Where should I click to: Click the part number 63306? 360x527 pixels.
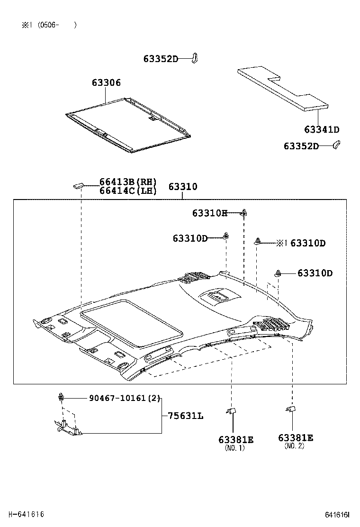(106, 83)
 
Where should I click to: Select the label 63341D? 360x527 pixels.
(322, 130)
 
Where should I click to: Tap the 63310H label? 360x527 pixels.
(210, 213)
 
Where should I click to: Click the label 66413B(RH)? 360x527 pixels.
(127, 182)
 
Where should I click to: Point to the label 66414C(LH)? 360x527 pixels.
(127, 191)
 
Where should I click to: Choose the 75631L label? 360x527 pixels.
(185, 416)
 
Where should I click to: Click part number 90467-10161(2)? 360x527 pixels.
(125, 398)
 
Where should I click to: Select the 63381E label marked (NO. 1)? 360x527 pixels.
(236, 440)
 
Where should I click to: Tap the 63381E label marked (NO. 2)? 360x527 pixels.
(296, 438)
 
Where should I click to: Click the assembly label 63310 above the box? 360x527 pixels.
(183, 187)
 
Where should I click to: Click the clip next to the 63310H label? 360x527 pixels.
(244, 212)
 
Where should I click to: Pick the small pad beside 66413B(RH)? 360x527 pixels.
(79, 185)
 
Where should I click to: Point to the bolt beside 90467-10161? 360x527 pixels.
(62, 397)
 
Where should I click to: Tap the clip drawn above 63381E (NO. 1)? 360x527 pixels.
(231, 411)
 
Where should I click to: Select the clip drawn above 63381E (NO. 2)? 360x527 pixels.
(291, 409)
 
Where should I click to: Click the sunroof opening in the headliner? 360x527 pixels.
(132, 323)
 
